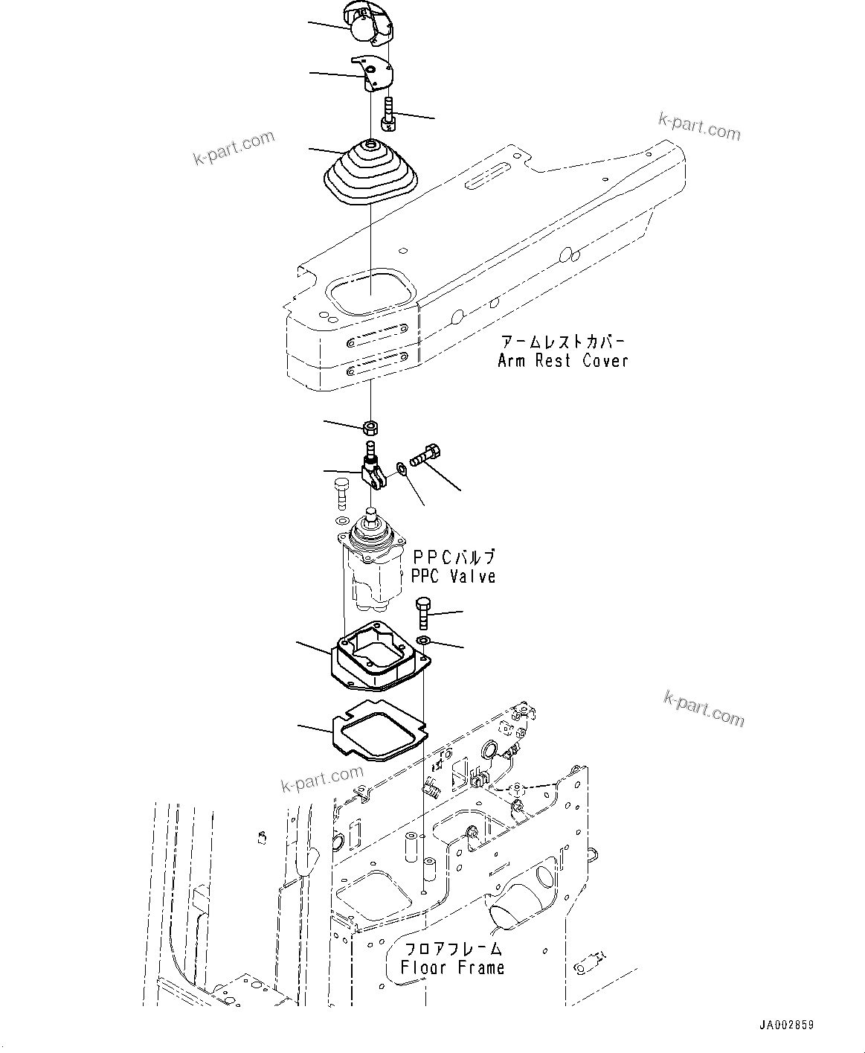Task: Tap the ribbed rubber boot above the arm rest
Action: pos(370,173)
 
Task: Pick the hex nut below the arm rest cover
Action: pos(370,428)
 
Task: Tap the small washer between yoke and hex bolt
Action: pos(402,468)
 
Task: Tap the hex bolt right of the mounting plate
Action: pos(423,610)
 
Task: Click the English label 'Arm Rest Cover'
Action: pos(562,361)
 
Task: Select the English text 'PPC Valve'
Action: pos(453,576)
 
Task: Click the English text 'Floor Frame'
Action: pos(452,968)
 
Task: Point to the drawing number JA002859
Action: pos(786,1025)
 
